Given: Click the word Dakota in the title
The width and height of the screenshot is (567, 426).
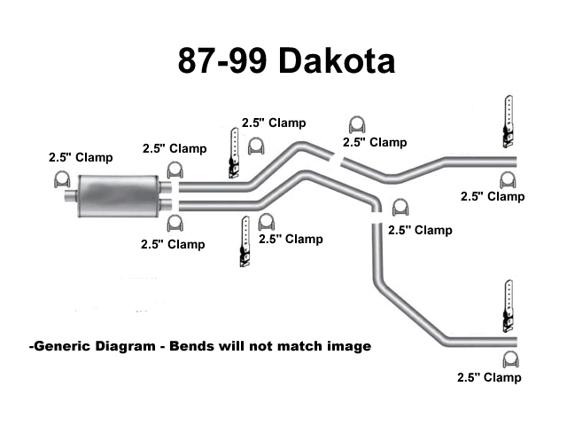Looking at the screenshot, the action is [x=337, y=60].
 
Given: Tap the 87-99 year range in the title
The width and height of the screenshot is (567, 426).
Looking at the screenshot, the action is [x=222, y=60].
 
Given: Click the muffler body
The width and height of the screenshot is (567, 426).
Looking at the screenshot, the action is [x=118, y=196].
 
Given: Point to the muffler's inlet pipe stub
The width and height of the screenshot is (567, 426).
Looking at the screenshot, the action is [x=71, y=195].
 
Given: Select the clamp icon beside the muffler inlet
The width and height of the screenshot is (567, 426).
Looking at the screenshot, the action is [x=62, y=179].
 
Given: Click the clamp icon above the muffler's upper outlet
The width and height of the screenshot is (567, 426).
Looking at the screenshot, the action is [x=175, y=170].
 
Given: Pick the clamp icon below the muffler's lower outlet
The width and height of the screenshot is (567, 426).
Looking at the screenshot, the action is [x=175, y=223].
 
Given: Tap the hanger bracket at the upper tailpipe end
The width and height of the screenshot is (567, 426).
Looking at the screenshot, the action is [x=508, y=122].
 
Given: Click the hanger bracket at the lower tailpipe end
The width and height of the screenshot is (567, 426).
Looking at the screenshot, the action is [x=509, y=306].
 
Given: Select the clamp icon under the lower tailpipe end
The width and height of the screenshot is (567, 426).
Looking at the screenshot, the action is [x=511, y=359].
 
